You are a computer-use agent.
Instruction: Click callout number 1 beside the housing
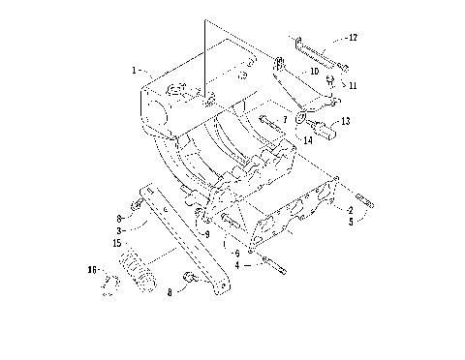[x=135, y=70]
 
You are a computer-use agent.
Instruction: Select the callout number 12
[x=353, y=39]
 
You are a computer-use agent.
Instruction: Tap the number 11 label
[x=352, y=86]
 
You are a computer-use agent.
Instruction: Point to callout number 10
[x=315, y=72]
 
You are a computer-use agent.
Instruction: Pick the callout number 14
[x=308, y=141]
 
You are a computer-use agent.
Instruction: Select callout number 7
[x=285, y=120]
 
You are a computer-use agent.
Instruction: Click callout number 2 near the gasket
[x=348, y=209]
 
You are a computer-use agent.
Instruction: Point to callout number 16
[x=93, y=269]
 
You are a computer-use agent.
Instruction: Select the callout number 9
[x=205, y=233]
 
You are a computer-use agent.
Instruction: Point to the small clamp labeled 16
[x=111, y=284]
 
